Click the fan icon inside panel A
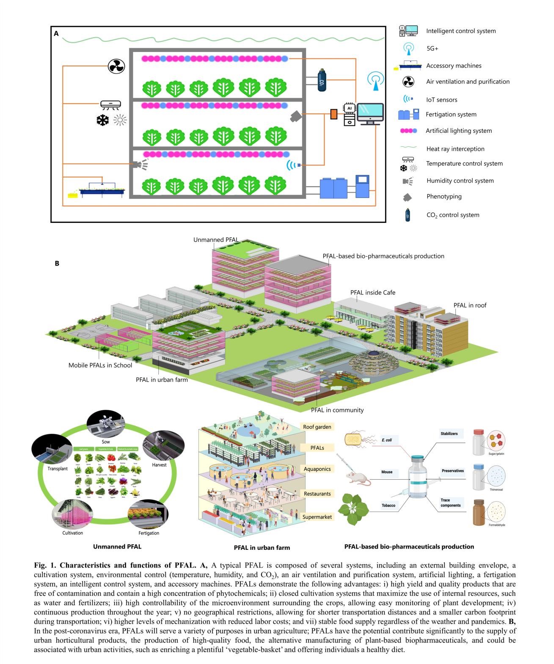point(116,66)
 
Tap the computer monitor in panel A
point(370,113)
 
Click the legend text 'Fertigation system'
point(451,114)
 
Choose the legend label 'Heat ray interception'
point(455,149)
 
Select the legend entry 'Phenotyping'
point(444,196)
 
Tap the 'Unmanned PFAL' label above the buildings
point(216,240)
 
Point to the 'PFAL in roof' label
point(470,305)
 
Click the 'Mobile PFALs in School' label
point(100,365)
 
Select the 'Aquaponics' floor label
point(317,469)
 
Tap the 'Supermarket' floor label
point(317,517)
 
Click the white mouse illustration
point(358,477)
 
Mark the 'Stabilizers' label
point(449,434)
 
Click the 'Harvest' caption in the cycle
point(159,465)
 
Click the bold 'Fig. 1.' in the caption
point(45,565)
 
